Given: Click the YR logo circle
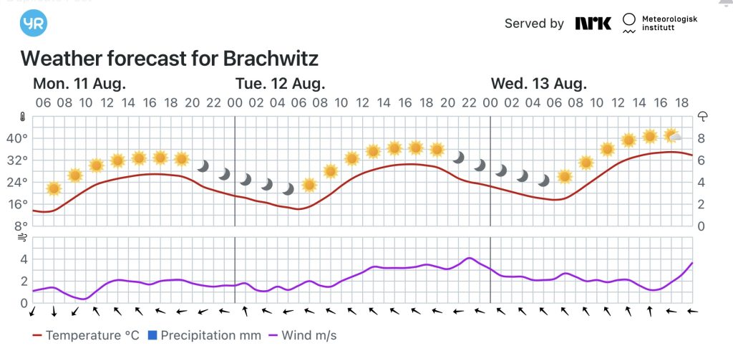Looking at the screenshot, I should point(34,23).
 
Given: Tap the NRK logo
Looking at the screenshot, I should point(593,24).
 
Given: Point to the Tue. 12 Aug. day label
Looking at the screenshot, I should point(280,83).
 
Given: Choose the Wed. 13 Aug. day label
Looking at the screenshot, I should point(538,83).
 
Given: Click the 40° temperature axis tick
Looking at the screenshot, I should point(16,138).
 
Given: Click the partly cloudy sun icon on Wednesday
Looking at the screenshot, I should point(672,135).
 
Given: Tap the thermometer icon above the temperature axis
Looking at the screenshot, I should point(22,117).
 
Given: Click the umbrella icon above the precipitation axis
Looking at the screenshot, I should point(703,117).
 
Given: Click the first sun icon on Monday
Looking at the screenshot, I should point(54,188).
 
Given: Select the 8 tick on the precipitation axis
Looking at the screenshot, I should point(702,138).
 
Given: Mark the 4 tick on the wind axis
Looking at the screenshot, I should point(22,259).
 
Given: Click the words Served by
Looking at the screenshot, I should point(534,24).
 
